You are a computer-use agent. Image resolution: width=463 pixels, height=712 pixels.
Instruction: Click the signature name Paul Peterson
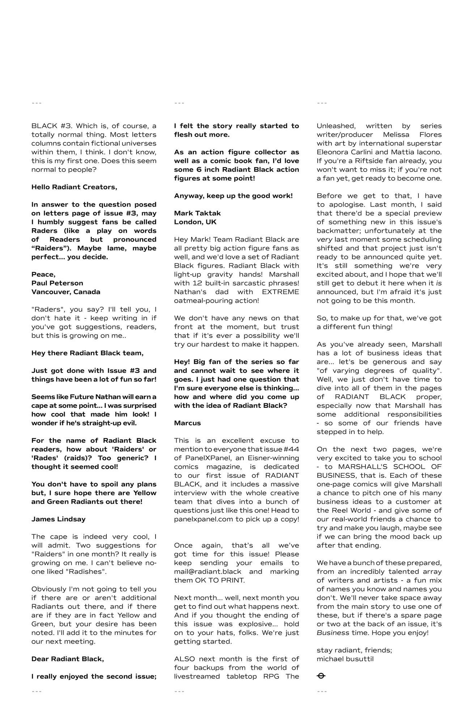[x=57, y=283]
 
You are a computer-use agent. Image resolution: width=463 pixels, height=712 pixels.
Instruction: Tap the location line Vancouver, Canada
[x=66, y=292]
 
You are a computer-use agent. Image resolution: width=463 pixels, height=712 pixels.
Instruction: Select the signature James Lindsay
[x=59, y=519]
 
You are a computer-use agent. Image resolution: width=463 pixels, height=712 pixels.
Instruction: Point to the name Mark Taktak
[x=197, y=213]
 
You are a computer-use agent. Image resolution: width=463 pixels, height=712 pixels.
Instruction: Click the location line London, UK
[x=195, y=222]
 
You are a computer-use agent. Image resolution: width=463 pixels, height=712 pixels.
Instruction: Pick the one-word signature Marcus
[x=187, y=423]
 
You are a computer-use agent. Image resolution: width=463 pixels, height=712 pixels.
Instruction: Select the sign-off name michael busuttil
[x=345, y=659]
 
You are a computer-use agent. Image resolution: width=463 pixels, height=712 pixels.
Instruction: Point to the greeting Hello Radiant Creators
[x=74, y=187]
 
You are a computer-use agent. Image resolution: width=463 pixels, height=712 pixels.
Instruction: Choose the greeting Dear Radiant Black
[x=68, y=659]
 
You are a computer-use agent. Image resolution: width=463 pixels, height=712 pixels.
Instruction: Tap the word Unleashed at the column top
[x=336, y=126]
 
